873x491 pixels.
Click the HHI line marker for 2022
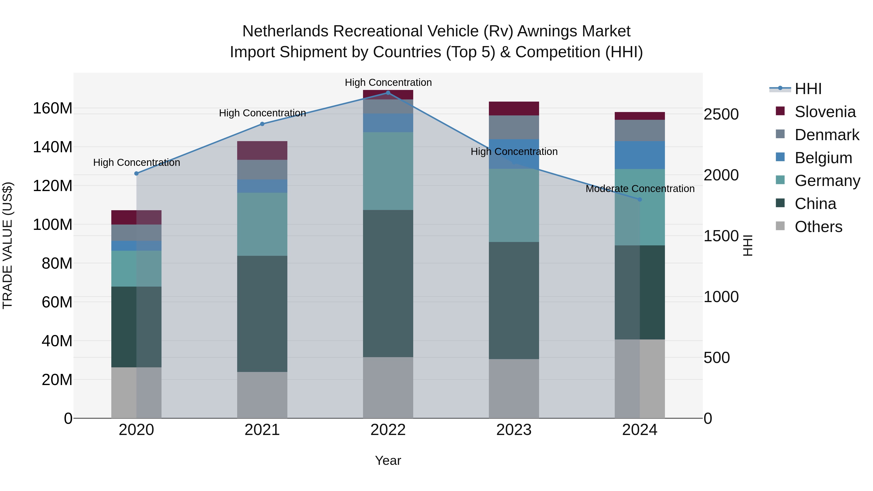tap(388, 93)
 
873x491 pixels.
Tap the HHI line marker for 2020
tap(137, 174)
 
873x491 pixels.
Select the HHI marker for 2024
tap(640, 200)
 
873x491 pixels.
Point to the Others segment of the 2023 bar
tap(514, 388)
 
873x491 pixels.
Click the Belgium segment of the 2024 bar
tap(640, 155)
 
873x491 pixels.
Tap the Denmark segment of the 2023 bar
tap(514, 127)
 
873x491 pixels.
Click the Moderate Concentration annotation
tap(640, 189)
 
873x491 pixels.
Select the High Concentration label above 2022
tap(388, 83)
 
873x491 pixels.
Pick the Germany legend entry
tap(827, 181)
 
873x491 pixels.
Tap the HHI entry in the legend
tap(808, 89)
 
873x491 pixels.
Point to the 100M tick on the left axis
tap(53, 225)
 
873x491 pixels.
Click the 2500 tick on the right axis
tap(721, 114)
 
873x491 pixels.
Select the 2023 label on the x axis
tap(514, 430)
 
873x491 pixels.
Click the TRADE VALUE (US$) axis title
tap(8, 245)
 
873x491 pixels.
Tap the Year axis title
tap(388, 460)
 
